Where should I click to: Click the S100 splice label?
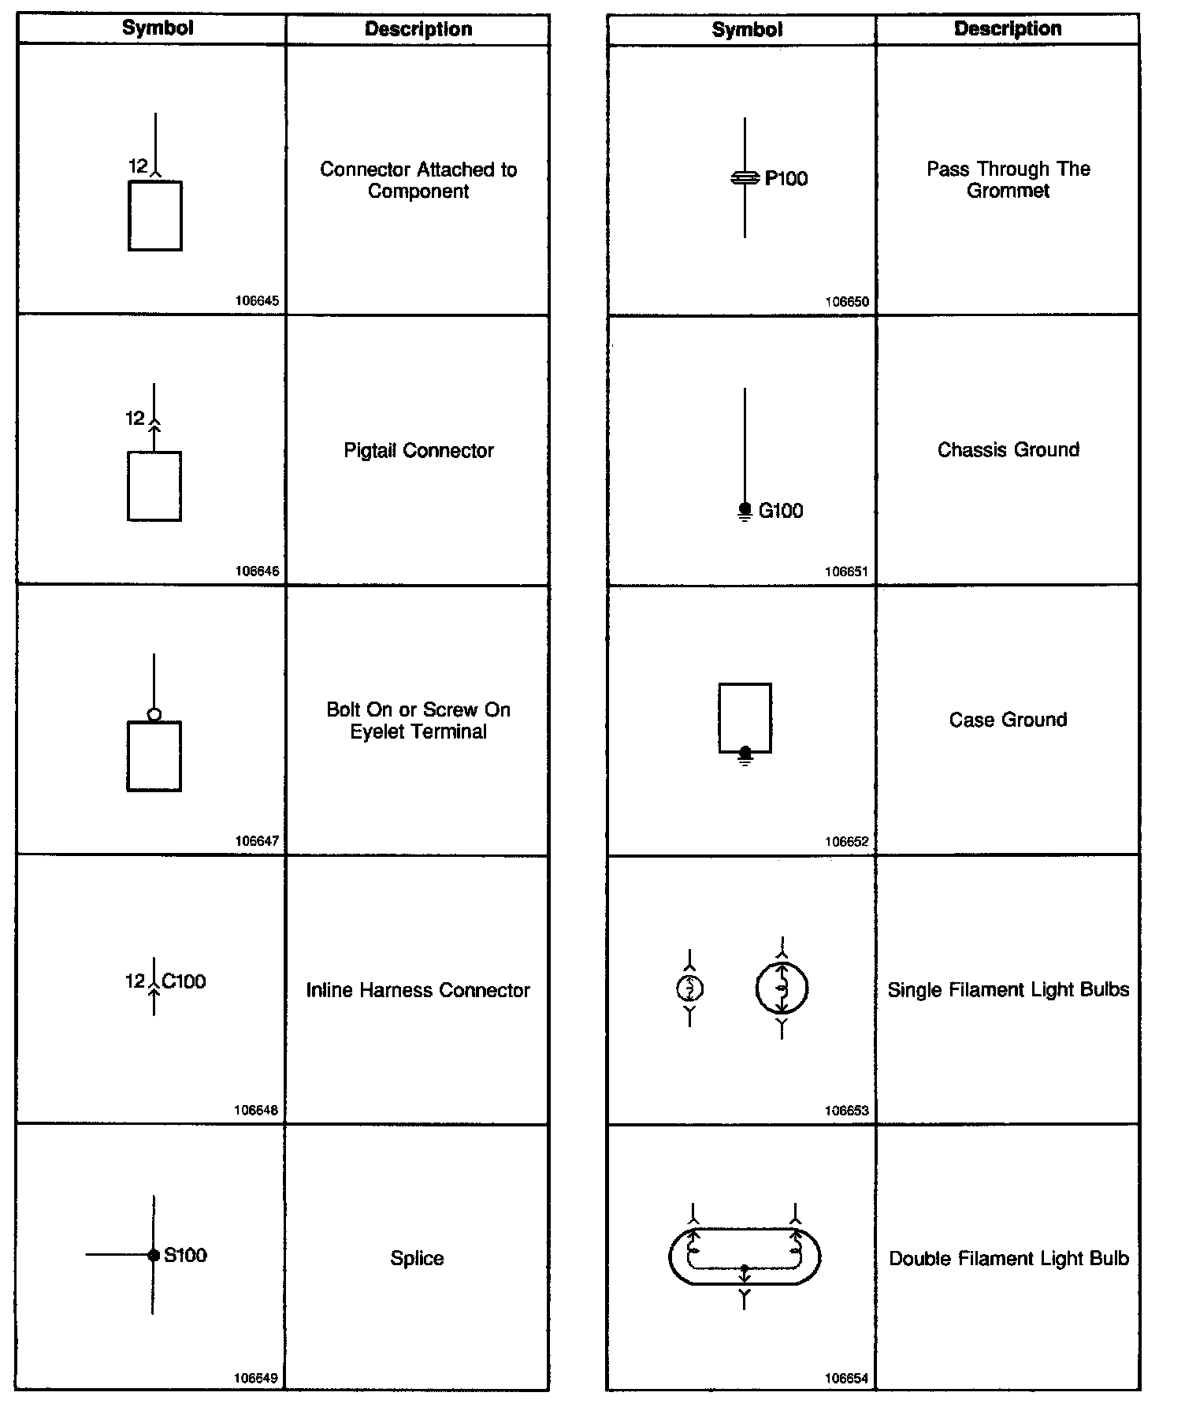point(185,1255)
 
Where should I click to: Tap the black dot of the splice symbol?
point(154,1255)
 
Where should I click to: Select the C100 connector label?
point(184,981)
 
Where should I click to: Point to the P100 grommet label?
point(786,179)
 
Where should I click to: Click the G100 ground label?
point(781,511)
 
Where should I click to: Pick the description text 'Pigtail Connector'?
point(418,451)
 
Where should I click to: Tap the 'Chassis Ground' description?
point(1008,450)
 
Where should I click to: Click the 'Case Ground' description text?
point(1008,720)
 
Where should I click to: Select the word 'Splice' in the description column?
point(417,1258)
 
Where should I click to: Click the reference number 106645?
point(257,301)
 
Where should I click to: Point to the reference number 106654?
point(846,1379)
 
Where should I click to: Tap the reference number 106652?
point(846,842)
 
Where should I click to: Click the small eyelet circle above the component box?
point(154,715)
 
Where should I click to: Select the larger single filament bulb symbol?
point(782,988)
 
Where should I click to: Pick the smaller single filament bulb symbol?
point(690,988)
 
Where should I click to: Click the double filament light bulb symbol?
point(745,1256)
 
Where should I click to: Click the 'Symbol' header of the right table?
point(747,30)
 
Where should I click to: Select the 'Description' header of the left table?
point(418,29)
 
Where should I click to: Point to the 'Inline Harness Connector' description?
point(418,990)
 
